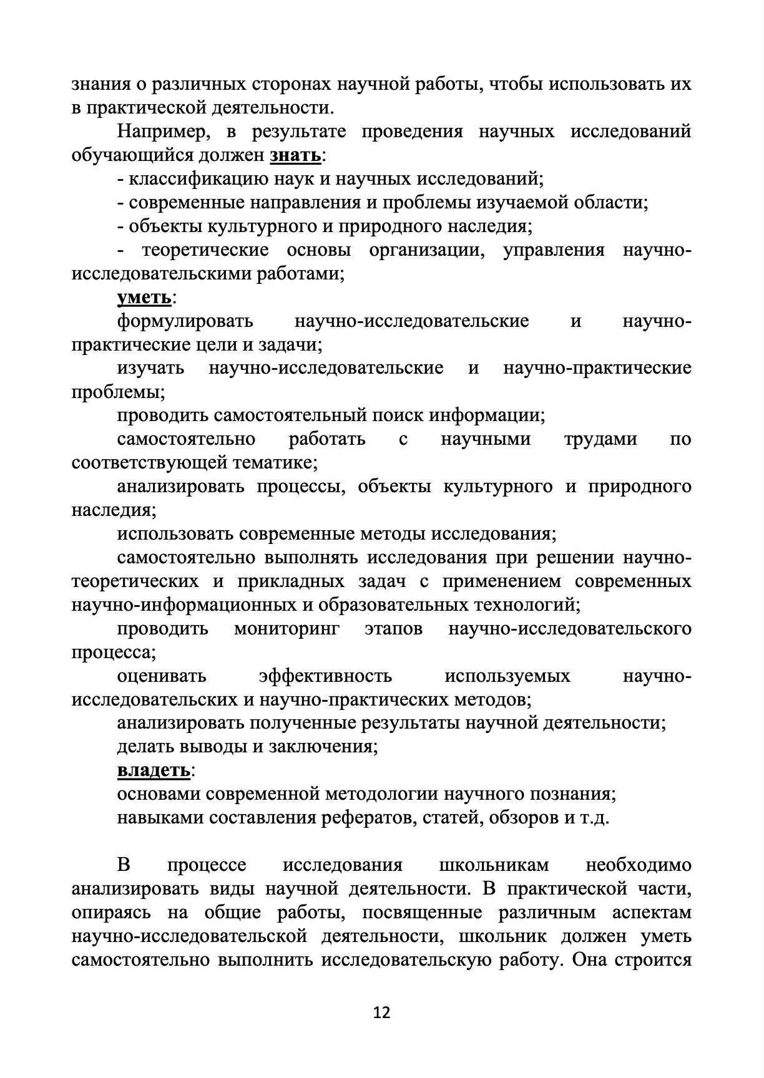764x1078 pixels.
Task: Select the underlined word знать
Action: tap(295, 155)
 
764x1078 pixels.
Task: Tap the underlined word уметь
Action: tap(144, 298)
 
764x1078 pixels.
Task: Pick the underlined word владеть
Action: tap(154, 770)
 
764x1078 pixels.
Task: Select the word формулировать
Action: tap(185, 321)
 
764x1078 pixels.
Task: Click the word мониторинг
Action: tap(286, 628)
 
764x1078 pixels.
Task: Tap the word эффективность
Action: tap(325, 676)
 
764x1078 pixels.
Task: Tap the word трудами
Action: tap(600, 439)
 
